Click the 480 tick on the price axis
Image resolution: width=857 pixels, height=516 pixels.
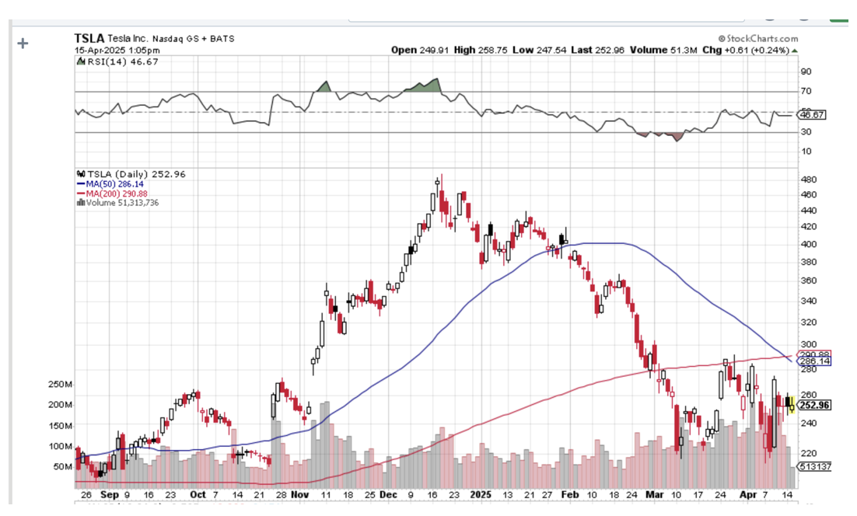[x=810, y=178]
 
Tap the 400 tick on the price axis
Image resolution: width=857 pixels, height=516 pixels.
[x=810, y=244]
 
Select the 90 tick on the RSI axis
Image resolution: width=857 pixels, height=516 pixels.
[x=806, y=71]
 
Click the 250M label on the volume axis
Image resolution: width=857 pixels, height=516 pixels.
[x=61, y=385]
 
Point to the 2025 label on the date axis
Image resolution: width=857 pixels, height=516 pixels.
[x=481, y=494]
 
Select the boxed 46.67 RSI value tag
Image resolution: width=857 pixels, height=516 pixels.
[x=813, y=114]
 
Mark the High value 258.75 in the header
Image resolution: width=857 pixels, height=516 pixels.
[x=489, y=51]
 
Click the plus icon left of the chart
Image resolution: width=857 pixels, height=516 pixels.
[x=23, y=44]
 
